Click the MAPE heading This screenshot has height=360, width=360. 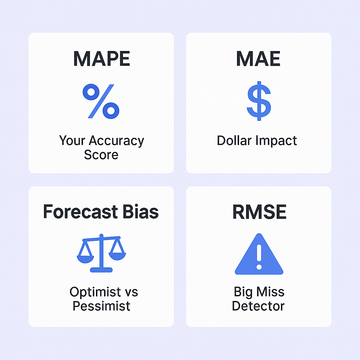pos(102,59)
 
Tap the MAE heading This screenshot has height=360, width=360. pos(258,59)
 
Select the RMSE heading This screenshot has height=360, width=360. pos(259,212)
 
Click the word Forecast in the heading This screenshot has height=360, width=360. pos(81,212)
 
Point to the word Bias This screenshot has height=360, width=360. pos(141,212)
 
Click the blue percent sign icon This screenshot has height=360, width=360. pos(101,101)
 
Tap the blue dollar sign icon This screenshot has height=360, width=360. pos(259,101)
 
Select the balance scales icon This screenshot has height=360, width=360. pos(101,253)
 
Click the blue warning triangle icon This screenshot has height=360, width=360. pos(259,254)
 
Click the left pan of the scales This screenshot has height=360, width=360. pos(85,259)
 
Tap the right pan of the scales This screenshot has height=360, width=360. pos(117,256)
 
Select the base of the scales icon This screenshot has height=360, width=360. pos(101,270)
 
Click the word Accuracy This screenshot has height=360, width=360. pos(116,141)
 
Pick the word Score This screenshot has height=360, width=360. pos(101,155)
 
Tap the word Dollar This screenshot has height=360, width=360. pos(234,140)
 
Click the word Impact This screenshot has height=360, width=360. pos(276,141)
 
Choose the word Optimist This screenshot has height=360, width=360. pos(95,292)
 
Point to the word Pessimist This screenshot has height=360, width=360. pos(102,306)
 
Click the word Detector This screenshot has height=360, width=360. pos(258,306)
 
